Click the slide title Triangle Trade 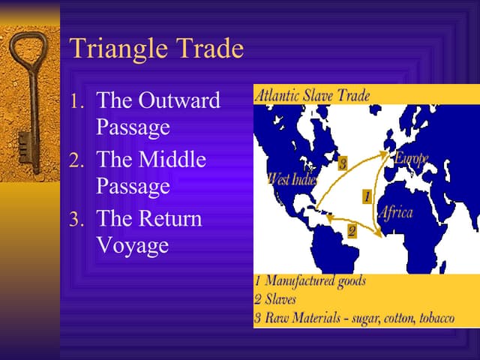(156, 49)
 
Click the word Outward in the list (179, 100)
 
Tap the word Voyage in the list (133, 245)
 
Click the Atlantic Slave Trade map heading (312, 95)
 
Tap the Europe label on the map (411, 159)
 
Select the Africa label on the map (394, 212)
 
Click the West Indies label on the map (292, 178)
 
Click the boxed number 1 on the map (366, 196)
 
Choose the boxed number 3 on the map (341, 163)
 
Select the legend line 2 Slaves (276, 300)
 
